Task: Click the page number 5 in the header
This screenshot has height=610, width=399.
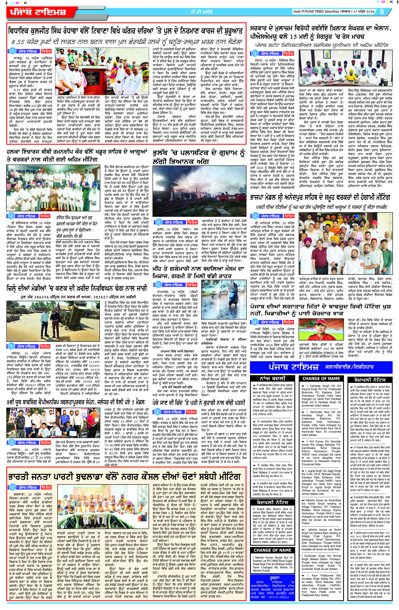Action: [382, 12]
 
